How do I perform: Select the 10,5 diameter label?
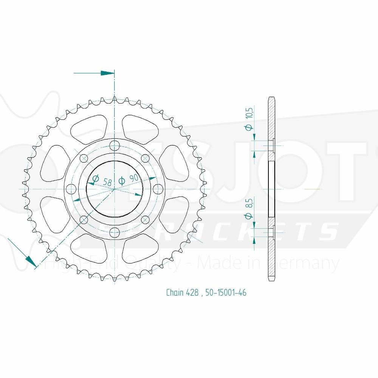click(x=248, y=113)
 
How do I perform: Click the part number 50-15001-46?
click(x=226, y=293)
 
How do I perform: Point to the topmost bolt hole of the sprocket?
click(x=115, y=145)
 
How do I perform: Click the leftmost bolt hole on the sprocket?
click(x=70, y=188)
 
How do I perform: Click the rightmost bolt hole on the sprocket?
click(x=159, y=188)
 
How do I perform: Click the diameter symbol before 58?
click(x=95, y=178)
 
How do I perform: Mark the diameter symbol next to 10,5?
click(x=248, y=128)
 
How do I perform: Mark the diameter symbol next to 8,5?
click(x=248, y=216)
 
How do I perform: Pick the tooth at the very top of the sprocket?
click(x=115, y=99)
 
